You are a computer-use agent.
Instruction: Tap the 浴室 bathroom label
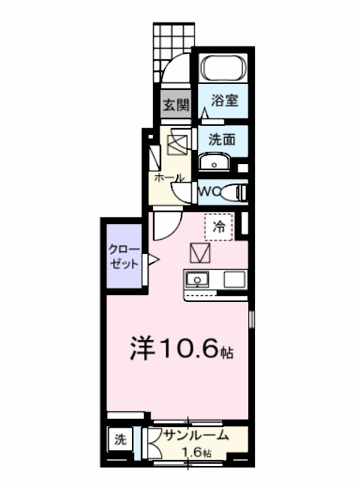tap(225, 100)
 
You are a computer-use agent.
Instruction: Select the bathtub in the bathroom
tap(223, 70)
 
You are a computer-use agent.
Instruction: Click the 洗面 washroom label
tap(223, 139)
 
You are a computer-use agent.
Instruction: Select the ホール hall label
tap(169, 178)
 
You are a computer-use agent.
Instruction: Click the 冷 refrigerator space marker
tap(220, 226)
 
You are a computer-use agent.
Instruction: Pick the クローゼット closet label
tap(123, 256)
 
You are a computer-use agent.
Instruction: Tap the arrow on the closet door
tap(152, 261)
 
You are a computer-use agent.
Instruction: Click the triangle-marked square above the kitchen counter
tap(200, 252)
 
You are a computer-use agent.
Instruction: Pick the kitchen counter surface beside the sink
tap(232, 281)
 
